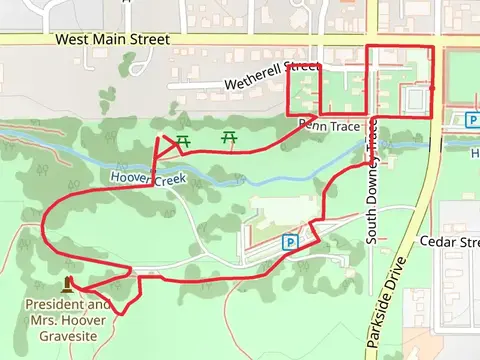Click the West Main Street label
tap(112, 39)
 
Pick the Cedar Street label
tap(451, 242)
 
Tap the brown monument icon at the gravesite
tap(68, 285)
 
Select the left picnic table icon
tap(183, 140)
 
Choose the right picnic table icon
tap(230, 135)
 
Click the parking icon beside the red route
tap(290, 241)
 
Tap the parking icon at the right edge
tap(472, 121)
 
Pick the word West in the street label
tap(74, 39)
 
